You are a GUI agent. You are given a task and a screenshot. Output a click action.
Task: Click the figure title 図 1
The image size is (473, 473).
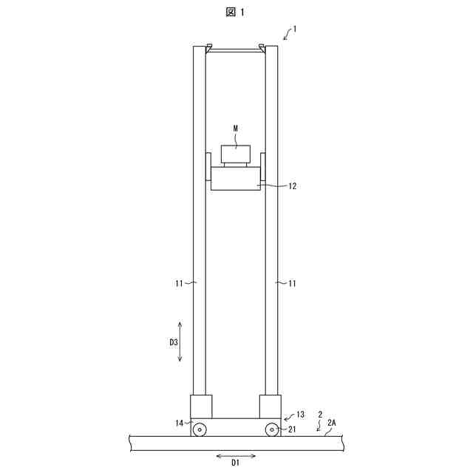235,12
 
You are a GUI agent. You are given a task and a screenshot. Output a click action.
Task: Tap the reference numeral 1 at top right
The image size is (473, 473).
295,29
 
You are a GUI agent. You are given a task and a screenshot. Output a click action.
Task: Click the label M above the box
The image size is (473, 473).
236,129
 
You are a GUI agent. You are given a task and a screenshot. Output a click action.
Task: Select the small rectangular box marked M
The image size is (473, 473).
236,154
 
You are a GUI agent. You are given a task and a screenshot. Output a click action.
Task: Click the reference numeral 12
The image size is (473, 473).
293,186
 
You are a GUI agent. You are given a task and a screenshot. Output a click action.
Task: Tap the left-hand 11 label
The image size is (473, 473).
179,283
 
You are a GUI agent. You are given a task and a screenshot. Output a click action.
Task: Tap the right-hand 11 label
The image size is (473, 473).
292,283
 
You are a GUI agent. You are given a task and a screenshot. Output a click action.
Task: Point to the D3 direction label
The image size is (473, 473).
174,342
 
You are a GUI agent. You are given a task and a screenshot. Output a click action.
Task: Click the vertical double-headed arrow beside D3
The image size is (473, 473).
180,341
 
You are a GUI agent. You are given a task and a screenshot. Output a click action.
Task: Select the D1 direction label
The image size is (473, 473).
235,462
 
